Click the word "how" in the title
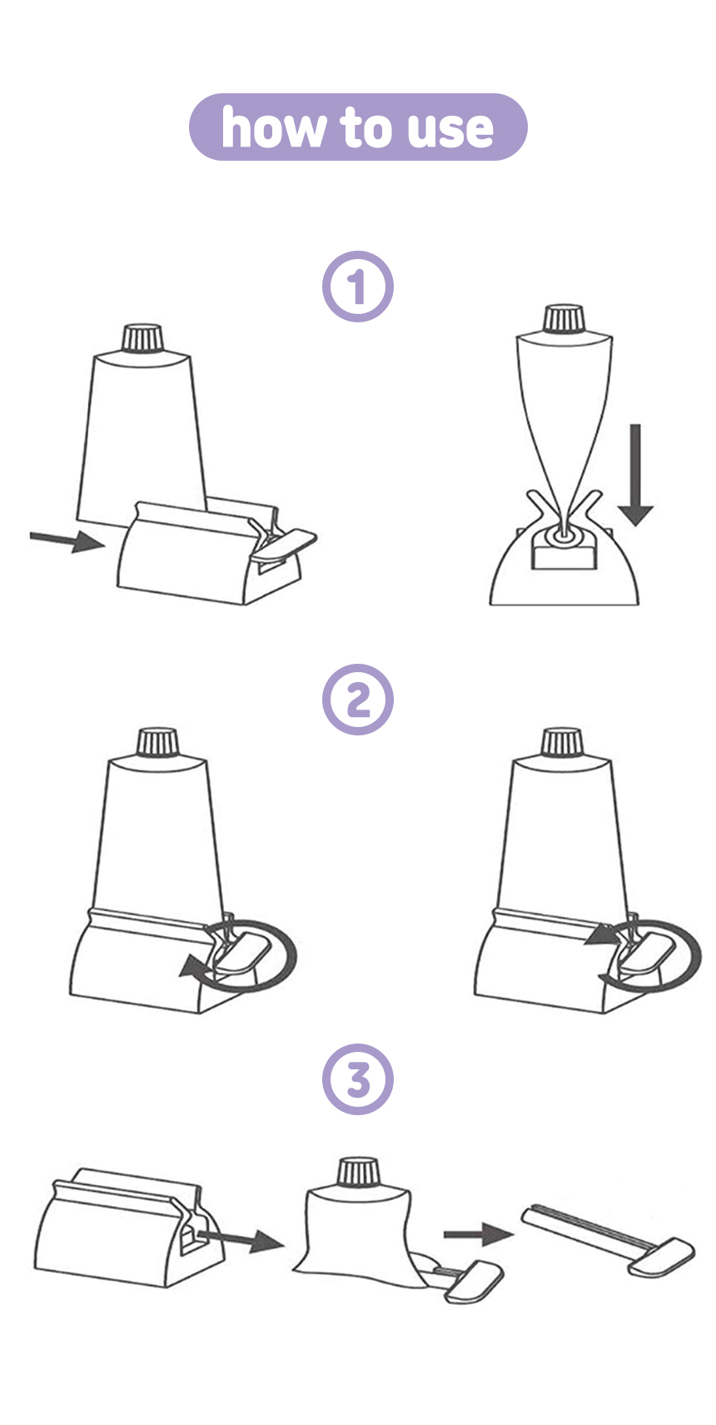(272, 127)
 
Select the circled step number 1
(358, 286)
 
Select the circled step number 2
(358, 700)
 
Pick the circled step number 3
(358, 1079)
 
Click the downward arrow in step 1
(635, 476)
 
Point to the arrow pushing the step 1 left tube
(67, 541)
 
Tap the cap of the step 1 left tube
(143, 338)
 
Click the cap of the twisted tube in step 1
(564, 319)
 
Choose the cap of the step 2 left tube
(158, 743)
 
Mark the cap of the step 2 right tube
(563, 743)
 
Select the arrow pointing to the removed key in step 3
(478, 1234)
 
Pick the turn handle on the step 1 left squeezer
(284, 544)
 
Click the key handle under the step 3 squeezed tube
(475, 1281)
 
